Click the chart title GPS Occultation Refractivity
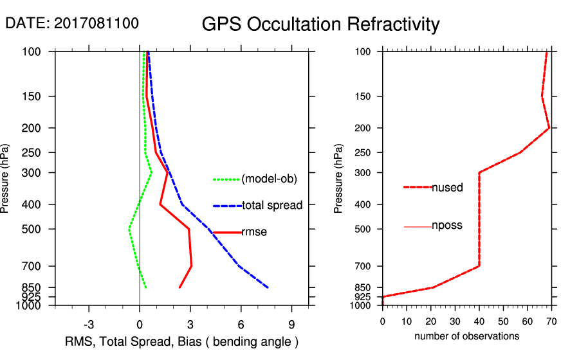(x=320, y=24)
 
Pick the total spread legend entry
(x=272, y=206)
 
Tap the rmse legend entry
(x=253, y=232)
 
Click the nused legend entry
(x=447, y=187)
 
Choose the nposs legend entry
(x=447, y=226)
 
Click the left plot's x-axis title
(x=181, y=341)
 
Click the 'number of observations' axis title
(x=466, y=336)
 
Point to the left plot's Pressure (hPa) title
(x=6, y=179)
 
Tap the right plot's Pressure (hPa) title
(x=339, y=179)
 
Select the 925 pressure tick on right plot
(x=363, y=297)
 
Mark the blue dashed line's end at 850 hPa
(x=267, y=287)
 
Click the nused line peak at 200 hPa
(x=549, y=128)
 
